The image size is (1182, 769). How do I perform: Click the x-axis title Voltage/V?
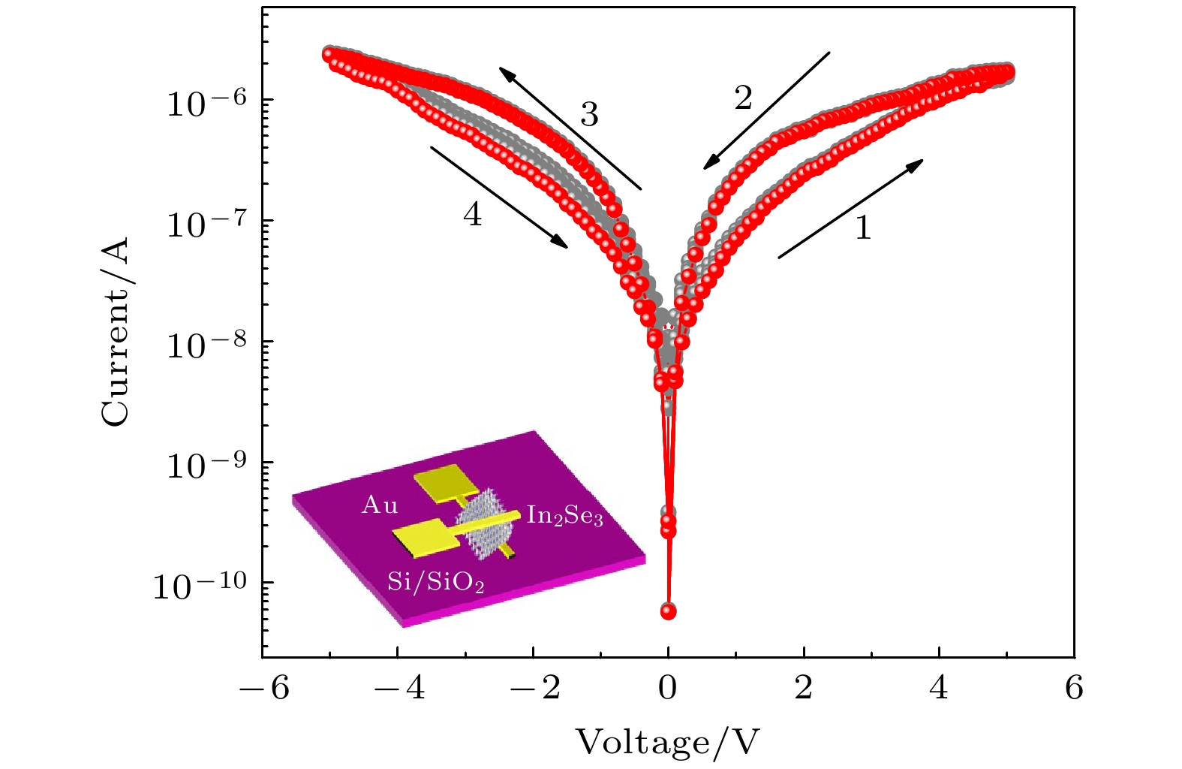pyautogui.click(x=667, y=742)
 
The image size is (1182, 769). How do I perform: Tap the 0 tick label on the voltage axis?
pyautogui.click(x=668, y=688)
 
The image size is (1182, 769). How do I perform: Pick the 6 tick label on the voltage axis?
pyautogui.click(x=1074, y=688)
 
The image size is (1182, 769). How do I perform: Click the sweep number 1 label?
pyautogui.click(x=863, y=228)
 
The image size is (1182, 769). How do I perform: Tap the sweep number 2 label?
pyautogui.click(x=743, y=98)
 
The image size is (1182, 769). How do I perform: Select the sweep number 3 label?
pyautogui.click(x=589, y=115)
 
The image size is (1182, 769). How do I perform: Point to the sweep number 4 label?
pyautogui.click(x=472, y=215)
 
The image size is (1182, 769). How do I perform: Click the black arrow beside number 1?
pyautogui.click(x=850, y=209)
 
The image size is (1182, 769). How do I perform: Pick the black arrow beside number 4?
pyautogui.click(x=499, y=196)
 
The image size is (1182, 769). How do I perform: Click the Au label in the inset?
pyautogui.click(x=380, y=505)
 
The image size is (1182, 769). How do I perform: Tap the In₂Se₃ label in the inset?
pyautogui.click(x=564, y=516)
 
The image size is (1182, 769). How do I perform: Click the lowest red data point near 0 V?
pyautogui.click(x=668, y=611)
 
